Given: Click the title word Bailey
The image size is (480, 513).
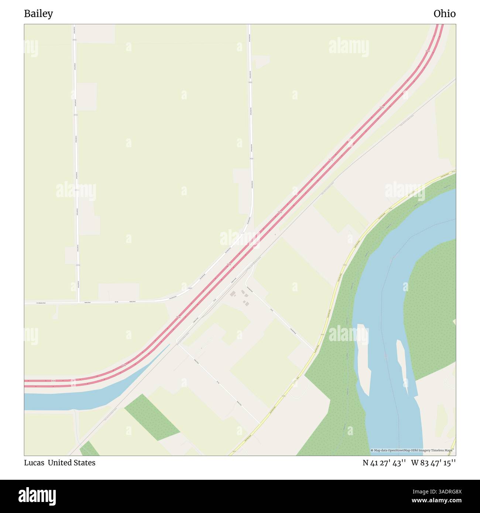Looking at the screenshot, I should pyautogui.click(x=38, y=14).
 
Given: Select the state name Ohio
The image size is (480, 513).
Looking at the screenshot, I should pyautogui.click(x=444, y=14).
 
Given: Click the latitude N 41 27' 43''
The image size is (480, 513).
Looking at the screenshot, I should pyautogui.click(x=384, y=463).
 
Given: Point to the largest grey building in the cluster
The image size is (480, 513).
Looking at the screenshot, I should pyautogui.click(x=233, y=294).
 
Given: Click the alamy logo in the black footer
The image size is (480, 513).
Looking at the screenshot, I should pyautogui.click(x=37, y=496).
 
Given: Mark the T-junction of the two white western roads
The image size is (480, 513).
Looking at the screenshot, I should pyautogui.click(x=79, y=302).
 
